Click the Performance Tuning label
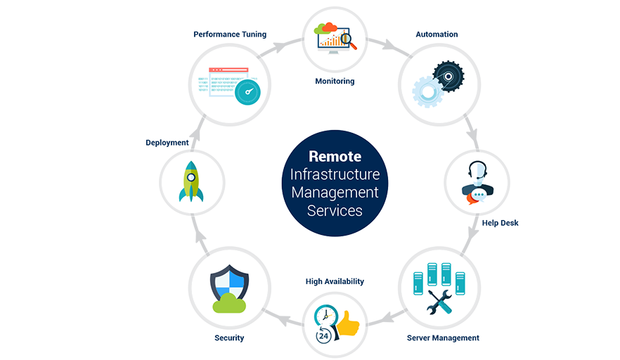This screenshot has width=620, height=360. click(230, 34)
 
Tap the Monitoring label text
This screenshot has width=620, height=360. click(335, 81)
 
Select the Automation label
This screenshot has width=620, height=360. click(437, 34)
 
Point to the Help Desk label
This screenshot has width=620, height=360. click(500, 223)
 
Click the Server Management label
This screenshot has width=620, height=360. click(443, 337)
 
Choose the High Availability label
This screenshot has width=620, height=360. click(335, 282)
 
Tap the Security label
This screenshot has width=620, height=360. click(229, 337)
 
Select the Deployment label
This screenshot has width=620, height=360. click(167, 143)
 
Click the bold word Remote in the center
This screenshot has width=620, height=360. click(335, 156)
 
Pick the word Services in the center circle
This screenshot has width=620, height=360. click(335, 211)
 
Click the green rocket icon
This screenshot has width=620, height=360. click(191, 181)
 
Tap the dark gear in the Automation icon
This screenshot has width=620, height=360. click(448, 77)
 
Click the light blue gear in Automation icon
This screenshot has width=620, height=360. click(427, 92)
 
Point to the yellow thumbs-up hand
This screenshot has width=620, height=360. click(348, 323)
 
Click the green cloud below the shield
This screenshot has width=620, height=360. click(229, 304)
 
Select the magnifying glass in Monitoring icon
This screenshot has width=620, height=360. click(348, 40)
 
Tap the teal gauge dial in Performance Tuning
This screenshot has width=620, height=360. click(247, 92)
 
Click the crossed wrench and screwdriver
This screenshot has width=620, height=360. click(439, 302)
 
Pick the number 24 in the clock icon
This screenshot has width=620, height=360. click(323, 336)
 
